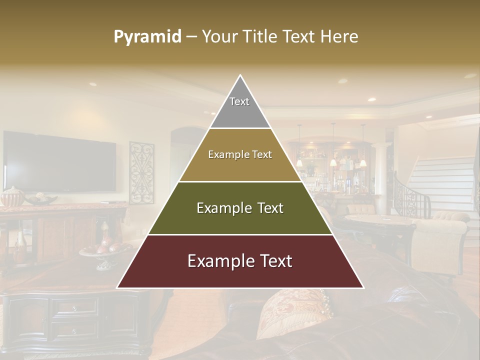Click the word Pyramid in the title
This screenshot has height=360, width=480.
(147, 37)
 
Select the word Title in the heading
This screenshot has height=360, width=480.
(260, 36)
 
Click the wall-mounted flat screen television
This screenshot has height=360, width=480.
(60, 161)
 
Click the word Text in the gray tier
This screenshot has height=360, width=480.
(239, 101)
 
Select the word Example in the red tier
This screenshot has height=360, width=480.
(215, 261)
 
